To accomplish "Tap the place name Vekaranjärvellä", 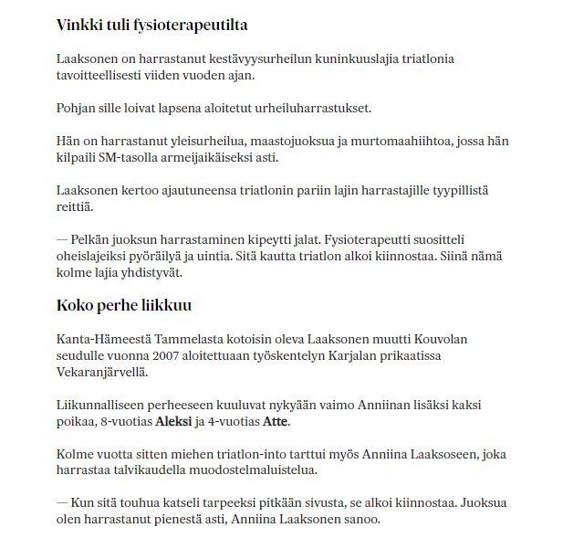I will point(102,372).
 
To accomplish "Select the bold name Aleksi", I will point(174,422).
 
